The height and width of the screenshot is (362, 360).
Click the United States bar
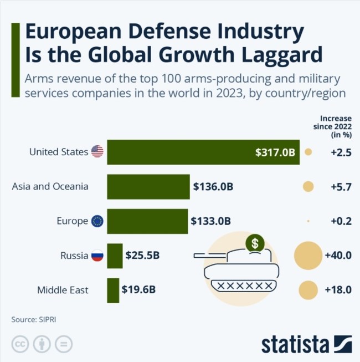point(203,152)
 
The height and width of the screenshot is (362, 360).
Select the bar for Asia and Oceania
point(148,187)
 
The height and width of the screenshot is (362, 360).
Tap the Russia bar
point(115,256)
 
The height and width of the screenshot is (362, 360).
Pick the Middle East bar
point(113,290)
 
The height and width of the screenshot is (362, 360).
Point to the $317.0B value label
point(275,152)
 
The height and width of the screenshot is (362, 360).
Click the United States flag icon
point(97,151)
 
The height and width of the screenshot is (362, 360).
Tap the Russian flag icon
point(97,256)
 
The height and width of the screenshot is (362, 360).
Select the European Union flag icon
point(97,221)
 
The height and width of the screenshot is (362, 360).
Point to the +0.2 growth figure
point(341,221)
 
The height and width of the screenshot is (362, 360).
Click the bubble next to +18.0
point(308,290)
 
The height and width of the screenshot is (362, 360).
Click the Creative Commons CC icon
point(20,344)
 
